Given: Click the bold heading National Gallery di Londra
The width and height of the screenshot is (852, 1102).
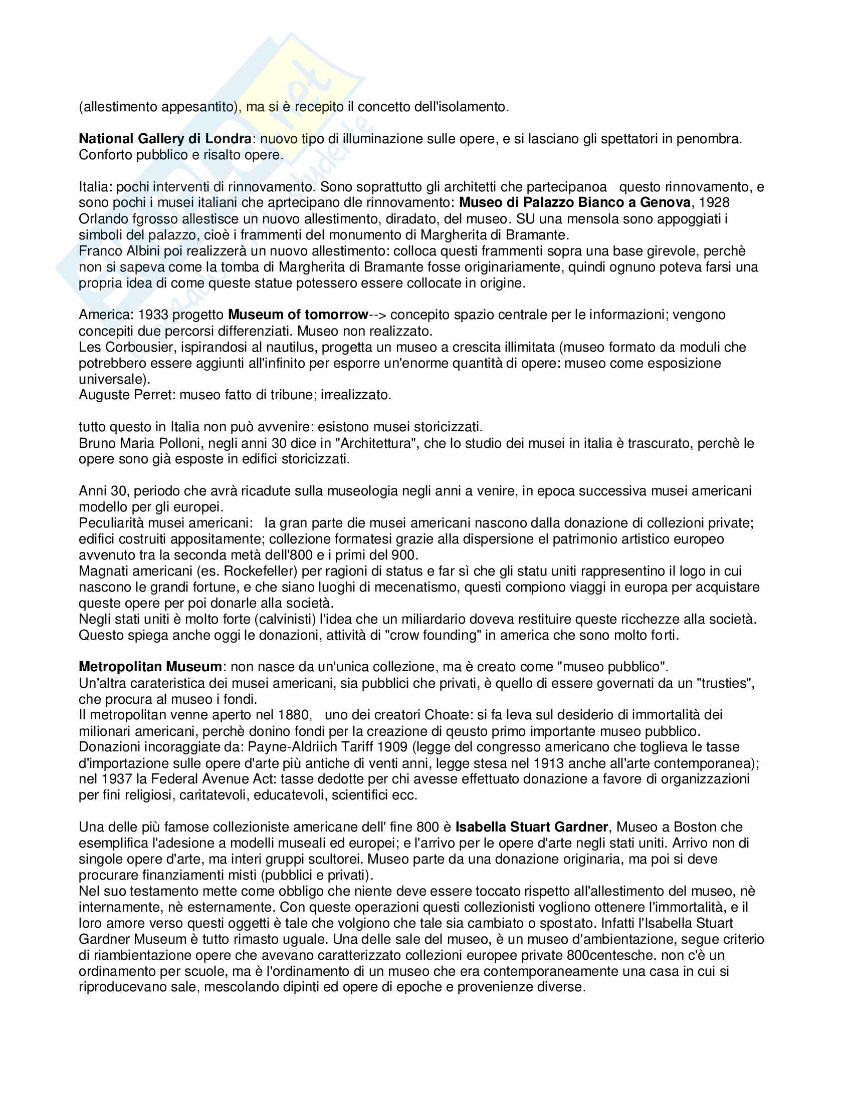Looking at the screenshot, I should point(165,139).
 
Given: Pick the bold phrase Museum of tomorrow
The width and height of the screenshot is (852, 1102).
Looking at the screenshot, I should point(298,315).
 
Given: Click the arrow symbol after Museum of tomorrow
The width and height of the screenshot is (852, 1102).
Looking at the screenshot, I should point(377,315).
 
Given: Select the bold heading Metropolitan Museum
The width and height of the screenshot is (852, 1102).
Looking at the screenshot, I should point(150,667).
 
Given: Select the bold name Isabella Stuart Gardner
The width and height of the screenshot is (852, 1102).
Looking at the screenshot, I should point(531,827).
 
